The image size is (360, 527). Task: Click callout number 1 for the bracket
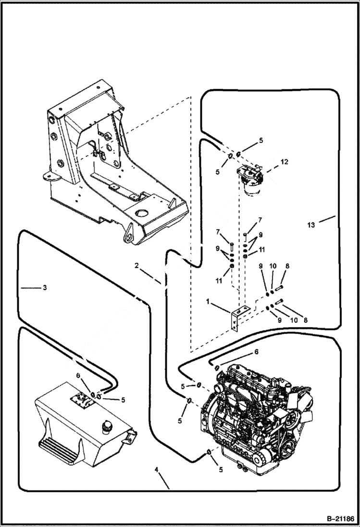[208, 302]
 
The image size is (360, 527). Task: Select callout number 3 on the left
[44, 288]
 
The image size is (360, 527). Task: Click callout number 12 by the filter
[285, 162]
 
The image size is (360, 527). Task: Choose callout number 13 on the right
[311, 224]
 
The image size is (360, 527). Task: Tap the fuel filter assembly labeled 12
[250, 180]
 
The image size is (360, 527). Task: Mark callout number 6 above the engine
[256, 352]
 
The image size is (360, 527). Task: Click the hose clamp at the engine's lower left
[210, 452]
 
